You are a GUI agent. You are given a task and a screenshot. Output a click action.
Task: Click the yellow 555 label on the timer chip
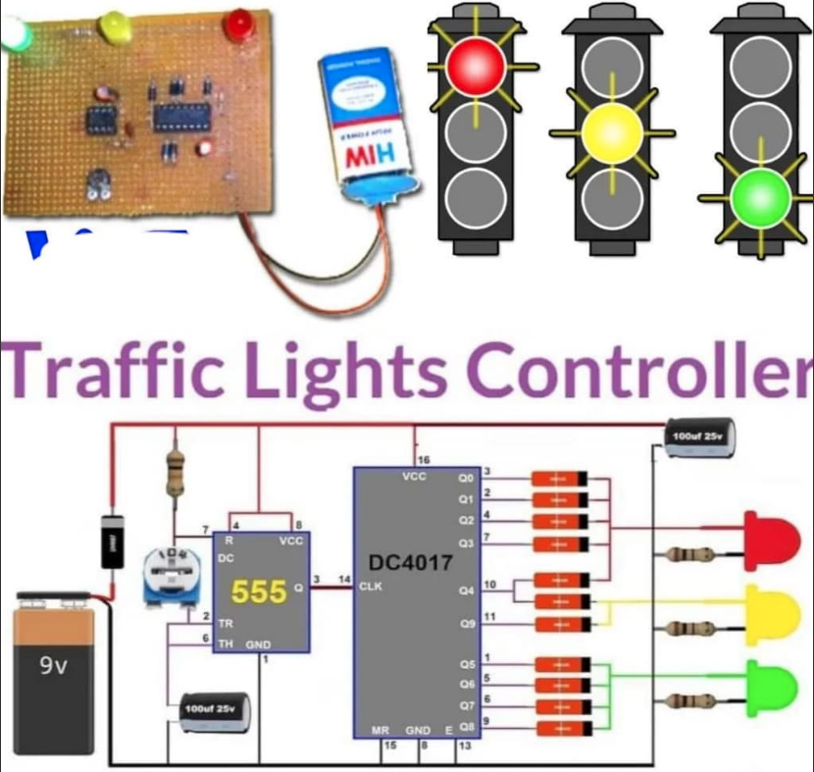tap(259, 592)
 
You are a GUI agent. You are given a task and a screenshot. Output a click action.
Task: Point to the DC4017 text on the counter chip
tap(411, 564)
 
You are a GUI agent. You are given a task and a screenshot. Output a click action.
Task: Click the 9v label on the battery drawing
tap(53, 666)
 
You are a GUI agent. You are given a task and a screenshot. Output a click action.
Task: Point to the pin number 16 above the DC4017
tap(425, 459)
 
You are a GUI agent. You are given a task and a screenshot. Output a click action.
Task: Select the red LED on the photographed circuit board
tap(235, 24)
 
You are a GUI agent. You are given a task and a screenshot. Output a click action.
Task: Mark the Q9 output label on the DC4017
tap(466, 624)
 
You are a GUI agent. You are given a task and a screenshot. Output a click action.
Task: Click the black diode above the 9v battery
tap(111, 541)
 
